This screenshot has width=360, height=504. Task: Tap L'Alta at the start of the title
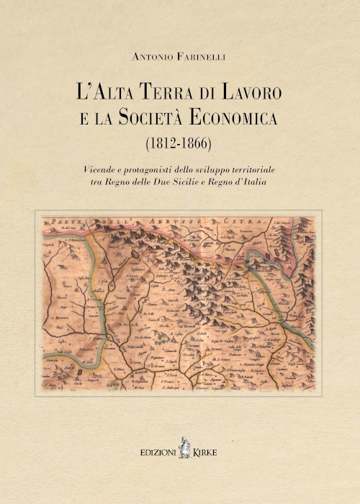(x=107, y=93)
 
